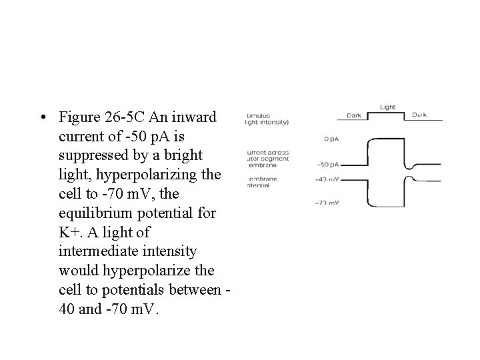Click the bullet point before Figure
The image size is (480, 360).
[x=43, y=119]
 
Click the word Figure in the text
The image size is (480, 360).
[x=79, y=119]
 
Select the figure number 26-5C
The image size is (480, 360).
[x=126, y=119]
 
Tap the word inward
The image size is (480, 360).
[x=193, y=119]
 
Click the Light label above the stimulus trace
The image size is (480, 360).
[x=387, y=107]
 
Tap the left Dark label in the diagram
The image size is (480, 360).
[x=354, y=115]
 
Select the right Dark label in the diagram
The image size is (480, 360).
[x=419, y=115]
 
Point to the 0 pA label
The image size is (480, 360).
[x=331, y=139]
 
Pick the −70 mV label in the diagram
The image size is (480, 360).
[x=327, y=203]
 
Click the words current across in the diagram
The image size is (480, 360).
[x=269, y=152]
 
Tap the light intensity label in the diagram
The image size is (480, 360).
[x=268, y=123]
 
